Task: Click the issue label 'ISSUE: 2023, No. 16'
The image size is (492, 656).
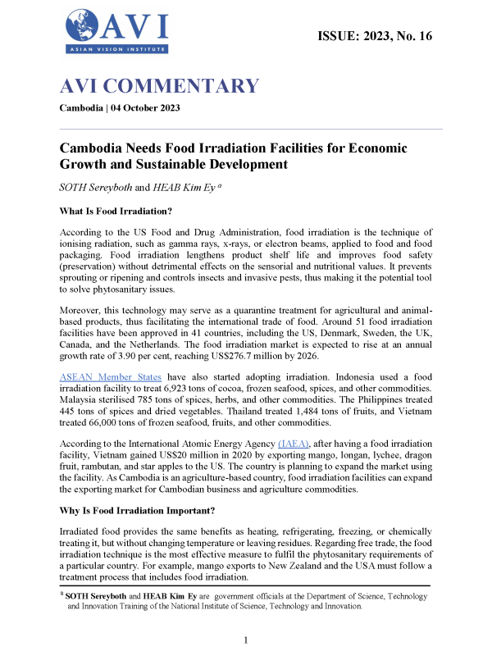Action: (373, 35)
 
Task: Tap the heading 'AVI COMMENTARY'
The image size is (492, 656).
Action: (159, 87)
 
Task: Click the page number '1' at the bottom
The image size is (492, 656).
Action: (246, 640)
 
